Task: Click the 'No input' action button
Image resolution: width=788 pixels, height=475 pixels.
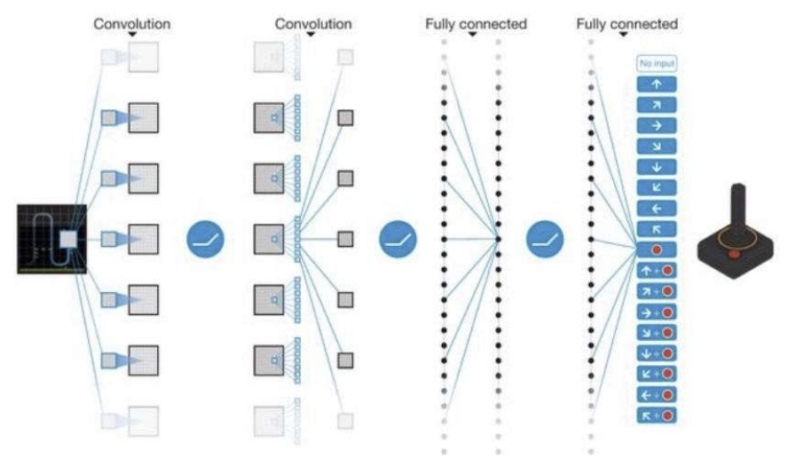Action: (656, 63)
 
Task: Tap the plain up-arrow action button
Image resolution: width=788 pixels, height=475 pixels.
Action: (656, 84)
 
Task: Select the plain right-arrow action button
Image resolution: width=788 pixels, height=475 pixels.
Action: (656, 125)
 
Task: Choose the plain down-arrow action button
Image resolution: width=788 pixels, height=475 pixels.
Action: (656, 166)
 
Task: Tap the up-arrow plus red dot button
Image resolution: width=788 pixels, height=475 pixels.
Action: (656, 270)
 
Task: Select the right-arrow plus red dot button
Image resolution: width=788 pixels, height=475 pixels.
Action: (656, 312)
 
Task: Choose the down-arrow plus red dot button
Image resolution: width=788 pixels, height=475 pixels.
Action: (656, 352)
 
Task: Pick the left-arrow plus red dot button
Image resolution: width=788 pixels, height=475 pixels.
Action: (656, 394)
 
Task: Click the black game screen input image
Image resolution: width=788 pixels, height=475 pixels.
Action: (51, 238)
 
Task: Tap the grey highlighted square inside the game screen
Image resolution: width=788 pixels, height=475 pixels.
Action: (67, 239)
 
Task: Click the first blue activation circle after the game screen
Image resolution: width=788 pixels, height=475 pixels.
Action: (205, 239)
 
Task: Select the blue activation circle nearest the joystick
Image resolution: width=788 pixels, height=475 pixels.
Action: (545, 239)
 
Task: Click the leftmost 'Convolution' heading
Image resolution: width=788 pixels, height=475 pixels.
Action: (131, 24)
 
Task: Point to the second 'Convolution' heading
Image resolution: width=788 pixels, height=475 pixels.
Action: (311, 24)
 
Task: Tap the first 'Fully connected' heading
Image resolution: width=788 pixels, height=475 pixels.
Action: (476, 24)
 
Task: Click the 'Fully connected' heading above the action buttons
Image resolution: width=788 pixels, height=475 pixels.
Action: (626, 24)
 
